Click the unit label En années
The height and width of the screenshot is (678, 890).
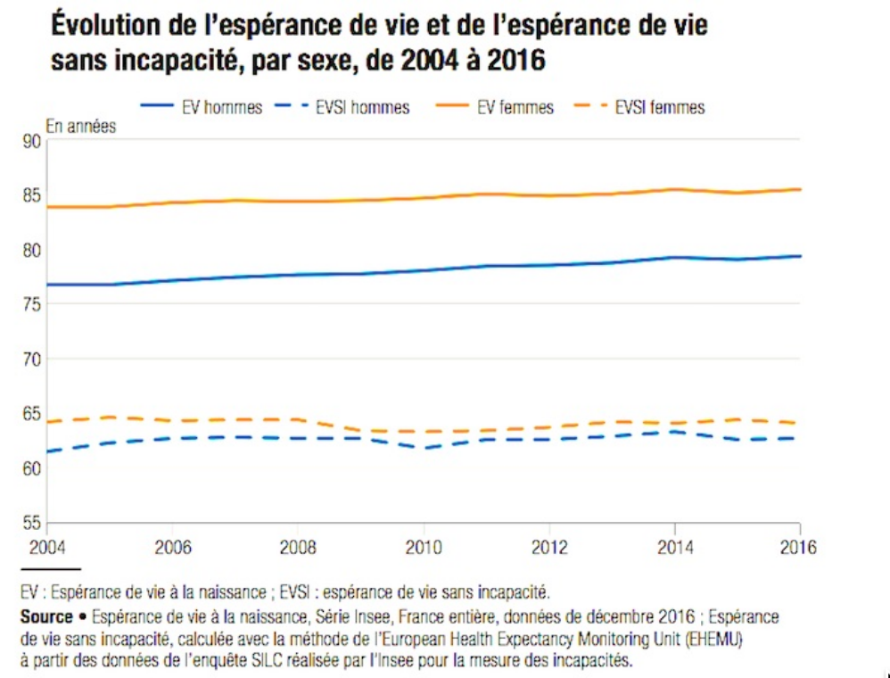pyautogui.click(x=80, y=127)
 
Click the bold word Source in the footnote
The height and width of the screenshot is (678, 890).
pyautogui.click(x=46, y=617)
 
